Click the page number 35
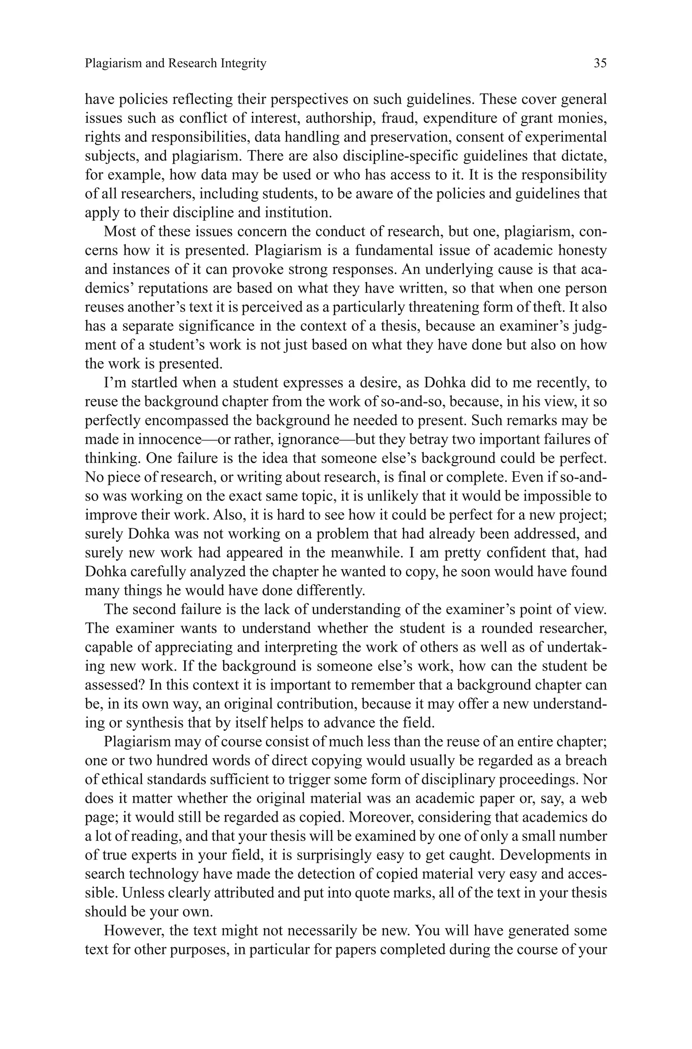click(600, 63)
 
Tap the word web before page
click(594, 798)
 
